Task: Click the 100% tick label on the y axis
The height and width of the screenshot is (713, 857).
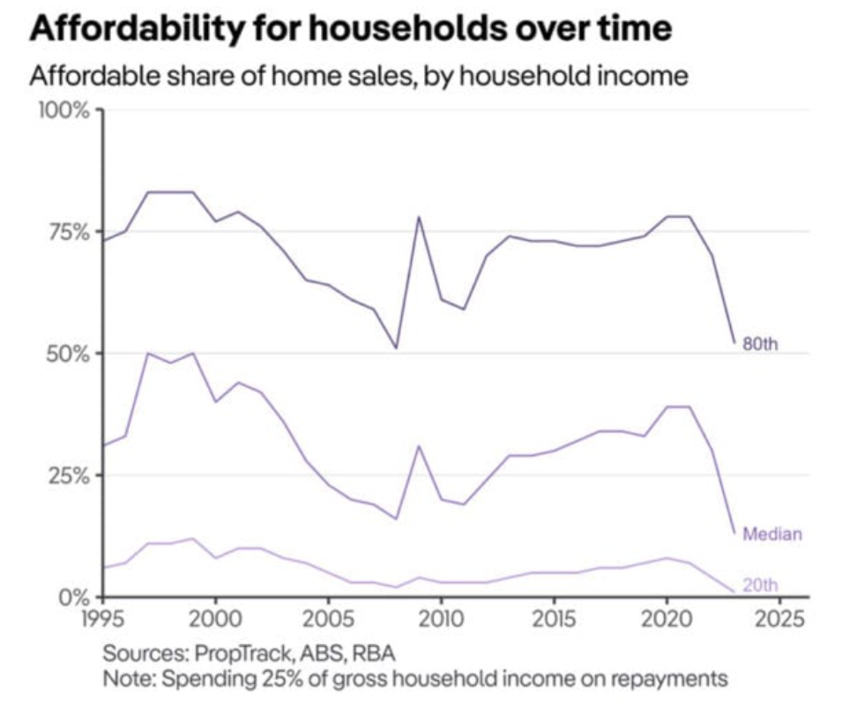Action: pyautogui.click(x=63, y=111)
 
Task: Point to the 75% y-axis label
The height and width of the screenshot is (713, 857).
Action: pyautogui.click(x=68, y=232)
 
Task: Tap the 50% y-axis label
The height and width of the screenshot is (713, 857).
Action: pyautogui.click(x=68, y=353)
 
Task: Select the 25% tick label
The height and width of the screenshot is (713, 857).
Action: pyautogui.click(x=68, y=475)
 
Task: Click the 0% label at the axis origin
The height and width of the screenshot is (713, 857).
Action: pyautogui.click(x=75, y=596)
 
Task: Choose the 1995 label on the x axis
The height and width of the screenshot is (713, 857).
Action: pyautogui.click(x=103, y=616)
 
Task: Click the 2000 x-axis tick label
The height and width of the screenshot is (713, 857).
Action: pyautogui.click(x=215, y=616)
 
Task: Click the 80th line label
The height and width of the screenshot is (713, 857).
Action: pyautogui.click(x=761, y=344)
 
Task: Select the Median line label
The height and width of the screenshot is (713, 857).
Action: pyautogui.click(x=772, y=533)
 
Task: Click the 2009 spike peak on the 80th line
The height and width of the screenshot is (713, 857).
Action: pyautogui.click(x=419, y=217)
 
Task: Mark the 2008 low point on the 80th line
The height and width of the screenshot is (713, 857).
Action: pyautogui.click(x=396, y=348)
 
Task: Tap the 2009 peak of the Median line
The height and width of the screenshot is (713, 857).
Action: pyautogui.click(x=419, y=446)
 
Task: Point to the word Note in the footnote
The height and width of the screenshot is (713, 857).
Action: pyautogui.click(x=123, y=679)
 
